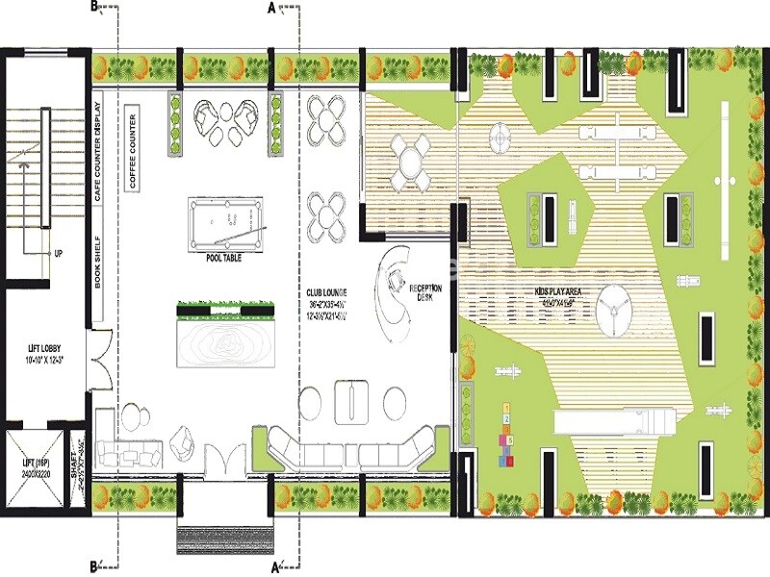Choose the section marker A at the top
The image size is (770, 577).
[271, 8]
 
